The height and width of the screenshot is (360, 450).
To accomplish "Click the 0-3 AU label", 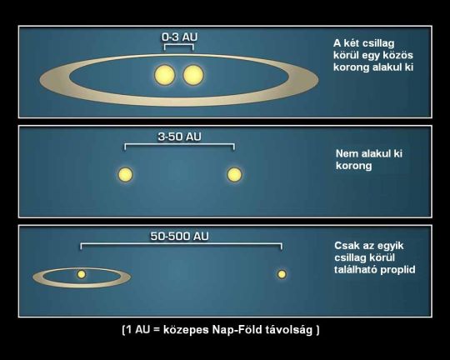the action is tap(180, 37).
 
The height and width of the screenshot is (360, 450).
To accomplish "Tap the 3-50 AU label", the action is tap(180, 137).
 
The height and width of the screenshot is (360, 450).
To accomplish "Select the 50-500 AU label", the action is tap(180, 237).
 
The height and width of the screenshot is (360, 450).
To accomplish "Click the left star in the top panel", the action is tap(165, 75).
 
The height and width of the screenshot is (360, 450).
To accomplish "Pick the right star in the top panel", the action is tap(193, 75).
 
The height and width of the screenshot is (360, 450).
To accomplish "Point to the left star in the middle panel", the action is tap(125, 174).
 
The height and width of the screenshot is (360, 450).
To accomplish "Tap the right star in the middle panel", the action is tap(234, 174).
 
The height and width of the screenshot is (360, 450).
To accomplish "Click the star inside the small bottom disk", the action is tap(81, 274).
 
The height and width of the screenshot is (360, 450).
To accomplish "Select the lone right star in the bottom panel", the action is tap(282, 274).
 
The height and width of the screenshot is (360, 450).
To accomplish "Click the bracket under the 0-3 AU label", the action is tap(179, 44).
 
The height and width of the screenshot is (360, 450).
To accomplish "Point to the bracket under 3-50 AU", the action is tap(180, 144).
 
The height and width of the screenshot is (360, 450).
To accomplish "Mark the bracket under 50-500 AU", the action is tap(181, 243).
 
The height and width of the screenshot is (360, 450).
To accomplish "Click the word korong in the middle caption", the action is tap(353, 166).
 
